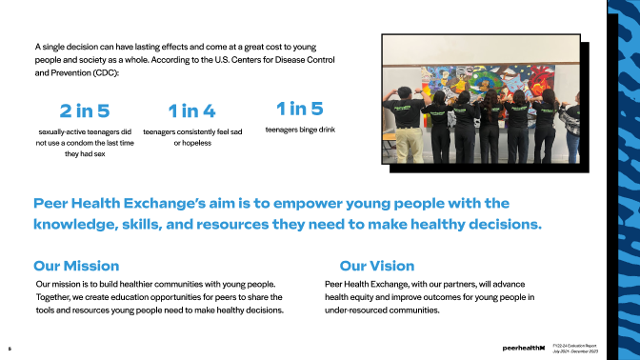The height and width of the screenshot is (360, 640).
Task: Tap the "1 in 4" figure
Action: pos(191,111)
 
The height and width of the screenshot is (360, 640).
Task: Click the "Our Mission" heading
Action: pos(76,266)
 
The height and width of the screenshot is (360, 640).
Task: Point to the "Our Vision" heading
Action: pos(376,266)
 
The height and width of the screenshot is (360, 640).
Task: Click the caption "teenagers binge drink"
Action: pos(300,130)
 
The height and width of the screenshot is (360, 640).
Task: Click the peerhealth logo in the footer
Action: pos(523,349)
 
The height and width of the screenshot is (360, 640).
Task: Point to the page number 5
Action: pos(9,349)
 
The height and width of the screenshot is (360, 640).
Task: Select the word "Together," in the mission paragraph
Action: pos(54,297)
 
